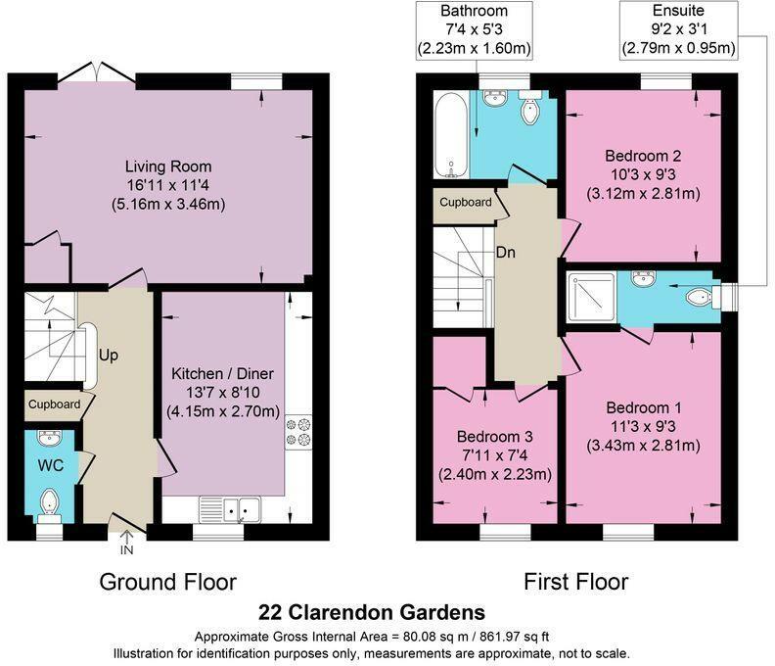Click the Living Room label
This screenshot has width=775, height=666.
click(x=168, y=166)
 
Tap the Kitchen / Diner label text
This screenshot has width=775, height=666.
click(x=222, y=374)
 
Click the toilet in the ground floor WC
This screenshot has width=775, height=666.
click(x=50, y=503)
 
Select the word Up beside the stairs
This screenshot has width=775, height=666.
click(x=108, y=355)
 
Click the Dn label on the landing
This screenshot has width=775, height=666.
click(x=506, y=252)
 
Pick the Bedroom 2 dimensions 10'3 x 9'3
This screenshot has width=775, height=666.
click(x=642, y=174)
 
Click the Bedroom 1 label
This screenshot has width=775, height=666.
click(x=642, y=407)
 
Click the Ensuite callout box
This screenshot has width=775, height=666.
click(x=679, y=29)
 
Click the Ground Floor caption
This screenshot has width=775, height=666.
click(x=168, y=582)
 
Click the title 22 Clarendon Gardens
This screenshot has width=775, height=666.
click(x=371, y=613)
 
